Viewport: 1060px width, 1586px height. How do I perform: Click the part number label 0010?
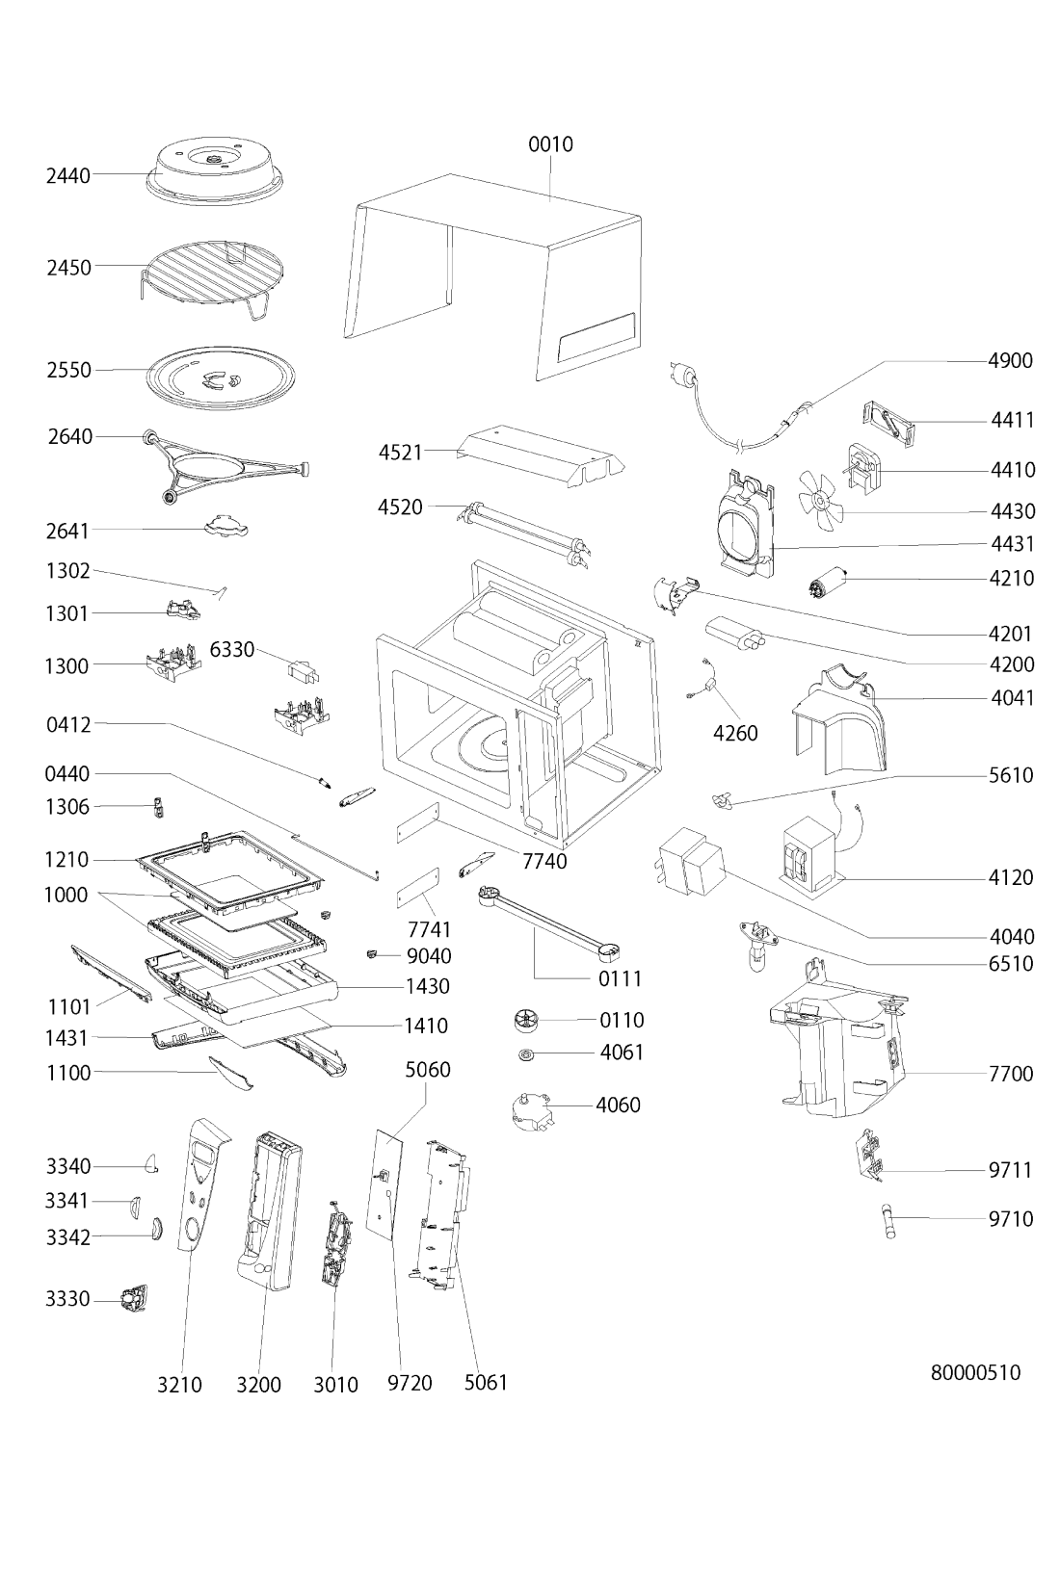(x=550, y=144)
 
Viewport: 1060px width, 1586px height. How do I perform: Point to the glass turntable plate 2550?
(x=221, y=378)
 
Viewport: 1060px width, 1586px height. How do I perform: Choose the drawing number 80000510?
(x=975, y=1373)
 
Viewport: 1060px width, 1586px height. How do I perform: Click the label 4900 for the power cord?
(x=1011, y=360)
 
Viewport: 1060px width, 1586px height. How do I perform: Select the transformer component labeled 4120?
(x=812, y=850)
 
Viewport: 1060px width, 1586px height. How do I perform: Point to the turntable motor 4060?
(x=534, y=1108)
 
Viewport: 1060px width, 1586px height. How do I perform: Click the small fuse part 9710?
(x=888, y=1219)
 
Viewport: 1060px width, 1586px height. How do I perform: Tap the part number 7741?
(x=429, y=929)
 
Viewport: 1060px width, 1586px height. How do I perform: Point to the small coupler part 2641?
(x=226, y=527)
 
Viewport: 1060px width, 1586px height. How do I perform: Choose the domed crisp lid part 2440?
(x=216, y=172)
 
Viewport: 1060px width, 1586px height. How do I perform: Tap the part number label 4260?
(x=735, y=733)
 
